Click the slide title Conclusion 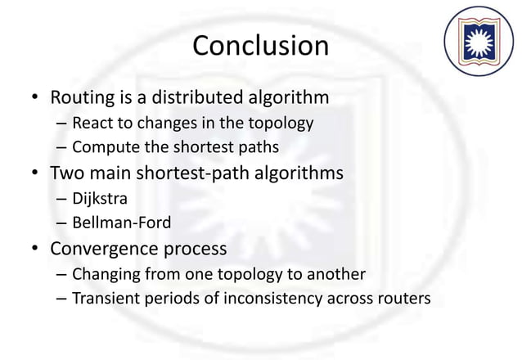click(x=260, y=46)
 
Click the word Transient click(x=104, y=297)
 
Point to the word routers click(x=398, y=297)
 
